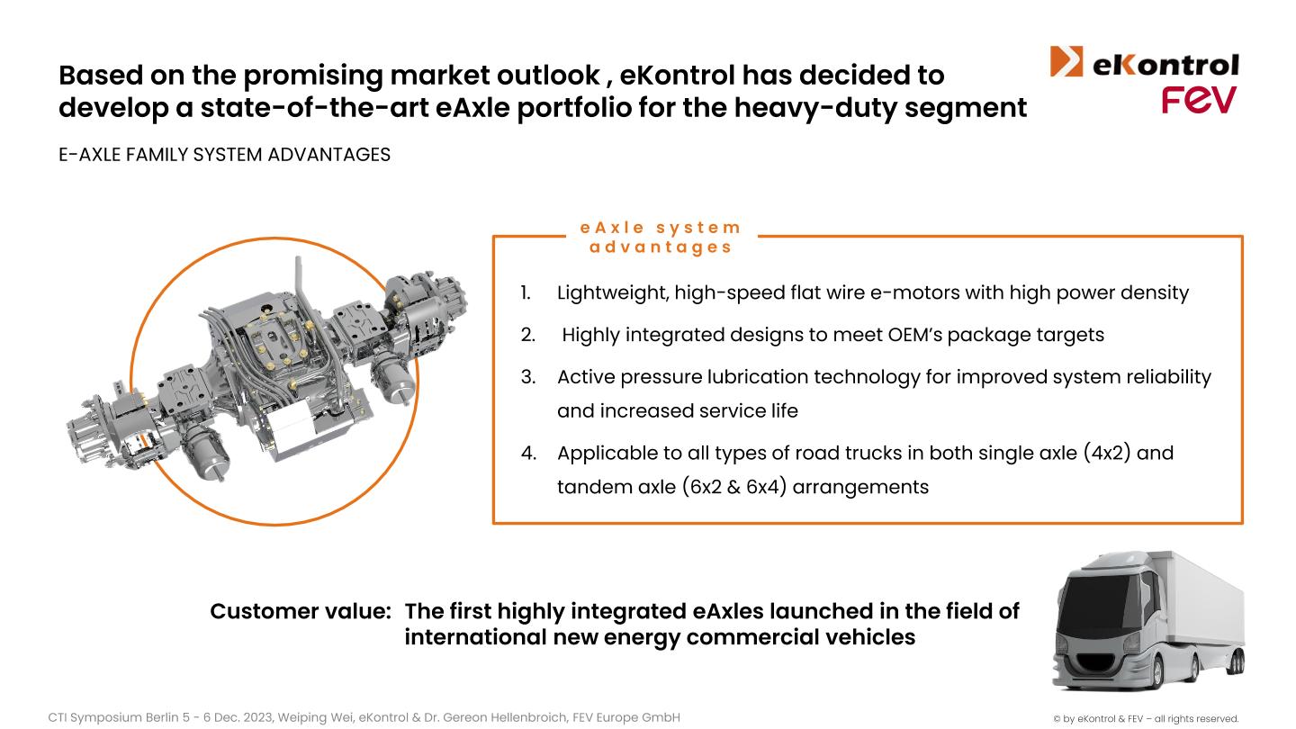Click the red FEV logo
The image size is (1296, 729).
(1199, 100)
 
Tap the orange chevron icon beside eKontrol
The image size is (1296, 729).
(1066, 61)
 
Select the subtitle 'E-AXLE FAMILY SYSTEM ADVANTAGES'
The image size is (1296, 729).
(224, 155)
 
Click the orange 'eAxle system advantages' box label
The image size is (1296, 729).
(661, 238)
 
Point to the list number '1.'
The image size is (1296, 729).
(526, 292)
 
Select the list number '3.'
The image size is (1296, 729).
(527, 377)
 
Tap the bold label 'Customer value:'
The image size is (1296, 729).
(301, 611)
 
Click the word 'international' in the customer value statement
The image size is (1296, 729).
(474, 637)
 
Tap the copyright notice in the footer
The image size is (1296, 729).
(1146, 718)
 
